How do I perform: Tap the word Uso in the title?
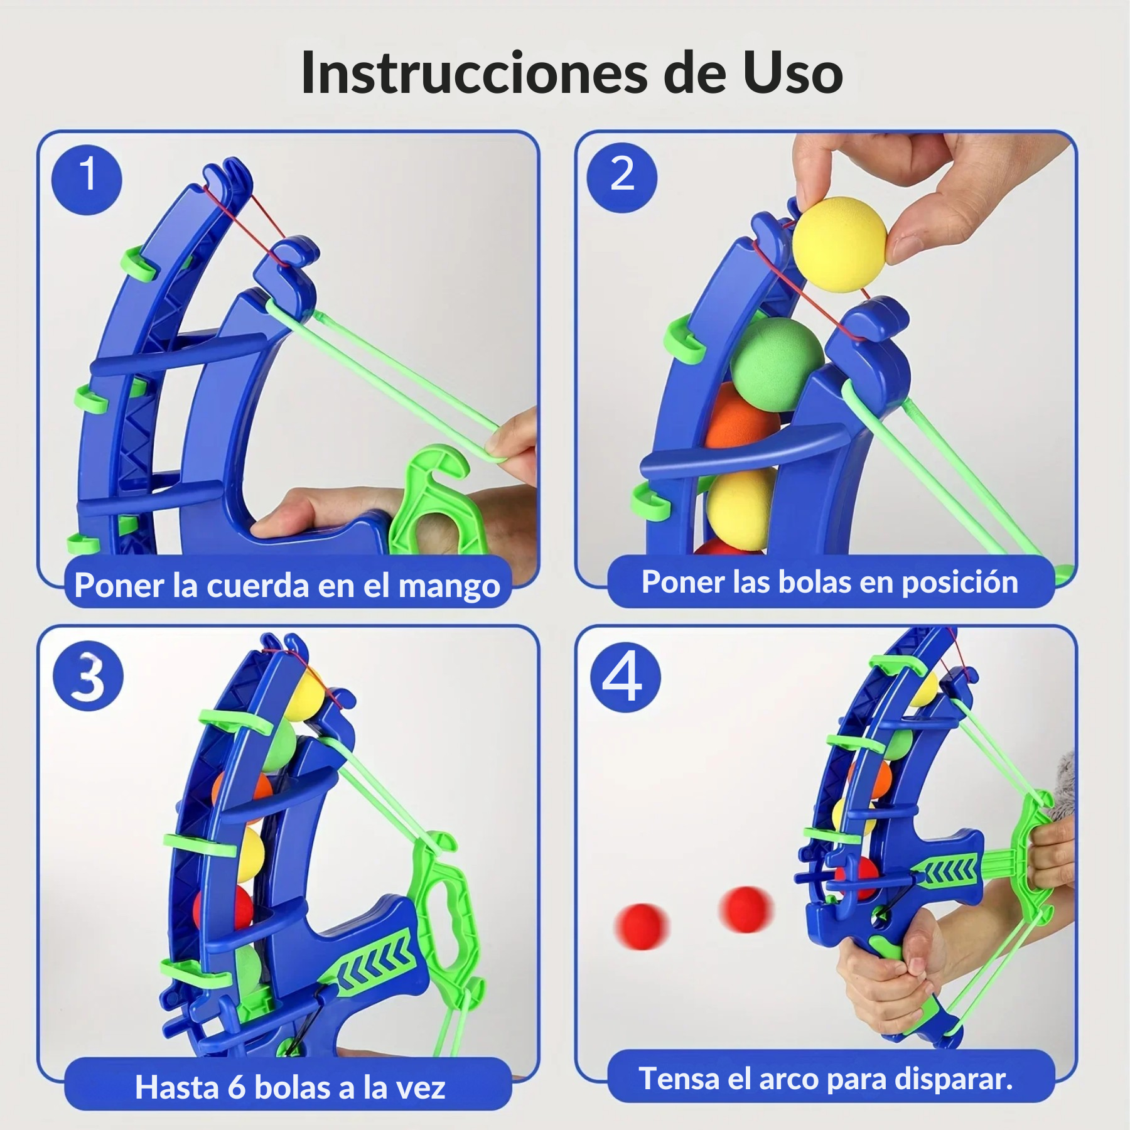pos(792,73)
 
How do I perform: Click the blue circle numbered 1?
pos(87,180)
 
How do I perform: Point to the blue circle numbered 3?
pos(88,676)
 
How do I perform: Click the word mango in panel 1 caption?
pos(449,586)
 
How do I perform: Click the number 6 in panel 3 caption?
pos(237,1087)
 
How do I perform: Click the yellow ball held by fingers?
pos(839,244)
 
